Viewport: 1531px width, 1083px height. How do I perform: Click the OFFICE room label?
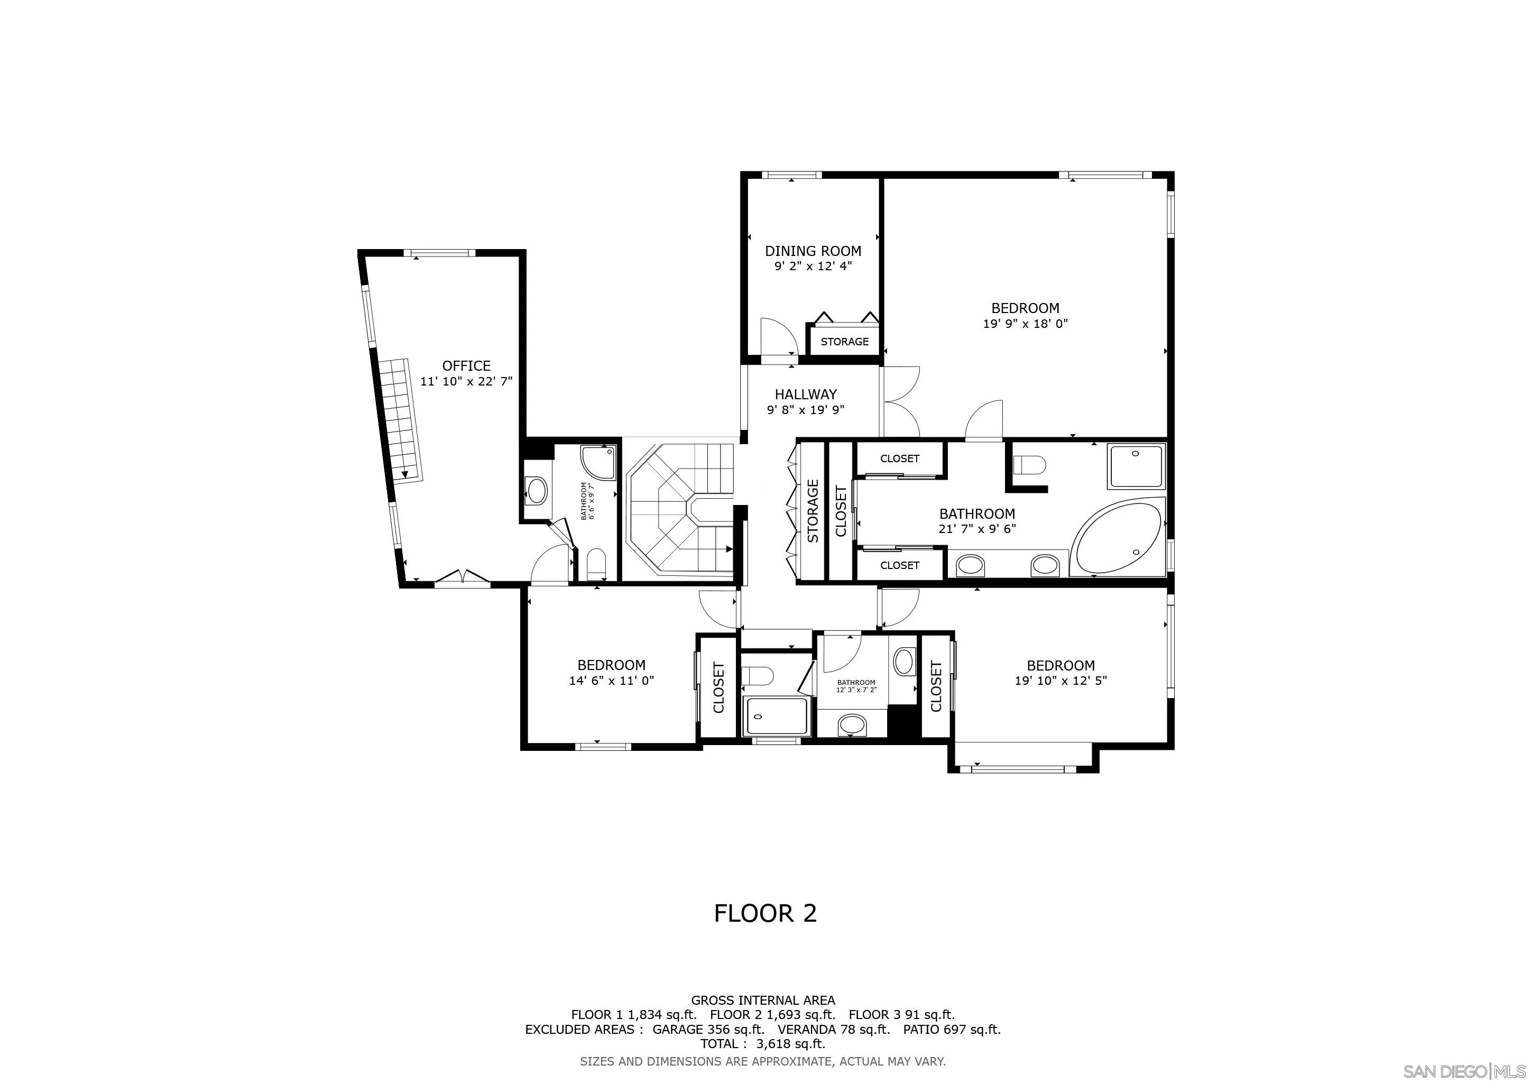[466, 365]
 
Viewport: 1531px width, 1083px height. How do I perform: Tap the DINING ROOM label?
[813, 251]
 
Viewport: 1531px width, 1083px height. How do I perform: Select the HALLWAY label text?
[806, 394]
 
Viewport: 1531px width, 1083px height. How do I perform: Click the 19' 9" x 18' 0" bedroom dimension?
[1026, 324]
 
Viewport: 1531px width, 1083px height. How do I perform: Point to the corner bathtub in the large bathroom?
[1117, 536]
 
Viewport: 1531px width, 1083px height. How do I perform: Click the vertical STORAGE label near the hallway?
[812, 511]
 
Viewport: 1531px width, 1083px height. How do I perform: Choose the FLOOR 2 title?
[765, 913]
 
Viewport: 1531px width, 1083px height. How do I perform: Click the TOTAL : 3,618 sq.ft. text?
[763, 1044]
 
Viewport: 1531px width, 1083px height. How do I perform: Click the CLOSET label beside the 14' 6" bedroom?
[718, 687]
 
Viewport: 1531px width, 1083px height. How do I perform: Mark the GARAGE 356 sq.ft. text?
[708, 1029]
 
